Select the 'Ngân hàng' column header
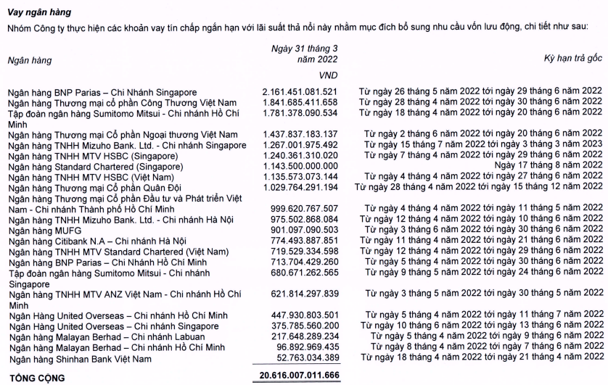[x=28, y=61]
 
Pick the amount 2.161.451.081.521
[x=300, y=92]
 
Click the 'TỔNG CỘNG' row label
[x=36, y=378]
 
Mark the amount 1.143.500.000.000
[x=300, y=166]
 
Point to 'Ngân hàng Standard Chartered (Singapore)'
[x=90, y=166]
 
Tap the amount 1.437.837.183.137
[x=300, y=134]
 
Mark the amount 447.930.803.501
[x=303, y=315]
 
